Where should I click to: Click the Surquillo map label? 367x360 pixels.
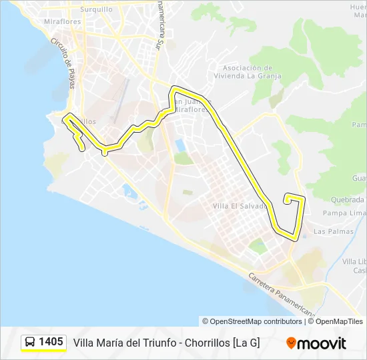click(x=96, y=10)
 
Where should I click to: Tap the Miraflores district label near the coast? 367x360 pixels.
click(x=63, y=22)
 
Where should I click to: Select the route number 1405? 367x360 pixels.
click(x=51, y=342)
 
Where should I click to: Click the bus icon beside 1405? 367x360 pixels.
click(x=30, y=343)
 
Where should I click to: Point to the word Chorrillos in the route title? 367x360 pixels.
click(x=200, y=343)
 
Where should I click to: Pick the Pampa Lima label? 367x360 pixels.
click(x=344, y=213)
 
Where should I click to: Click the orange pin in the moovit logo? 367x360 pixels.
click(x=291, y=343)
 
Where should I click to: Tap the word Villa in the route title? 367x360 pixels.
click(x=83, y=343)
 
